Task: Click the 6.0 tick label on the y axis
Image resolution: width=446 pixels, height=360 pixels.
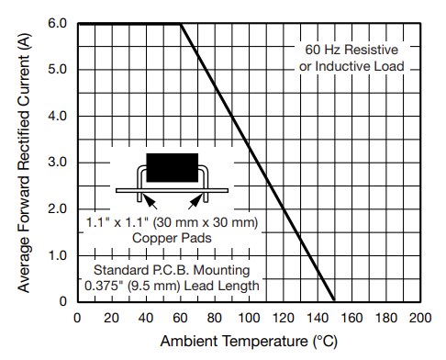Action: [x=56, y=23]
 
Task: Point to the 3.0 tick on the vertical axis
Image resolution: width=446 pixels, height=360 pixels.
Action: [x=56, y=163]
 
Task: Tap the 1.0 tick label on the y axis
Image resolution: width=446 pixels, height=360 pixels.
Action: [x=56, y=255]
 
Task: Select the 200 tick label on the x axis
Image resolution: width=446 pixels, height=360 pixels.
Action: [x=419, y=318]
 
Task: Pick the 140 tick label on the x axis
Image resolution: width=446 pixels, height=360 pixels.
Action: [x=317, y=318]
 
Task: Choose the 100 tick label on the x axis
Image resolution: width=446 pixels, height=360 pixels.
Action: [x=248, y=318]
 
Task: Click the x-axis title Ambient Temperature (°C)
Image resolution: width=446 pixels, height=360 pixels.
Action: [x=248, y=343]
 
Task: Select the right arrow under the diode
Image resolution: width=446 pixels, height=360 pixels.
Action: [x=195, y=198]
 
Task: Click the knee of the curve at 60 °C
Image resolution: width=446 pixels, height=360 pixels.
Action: [x=181, y=24]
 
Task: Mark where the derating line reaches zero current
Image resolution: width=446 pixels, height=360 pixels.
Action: [x=334, y=301]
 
